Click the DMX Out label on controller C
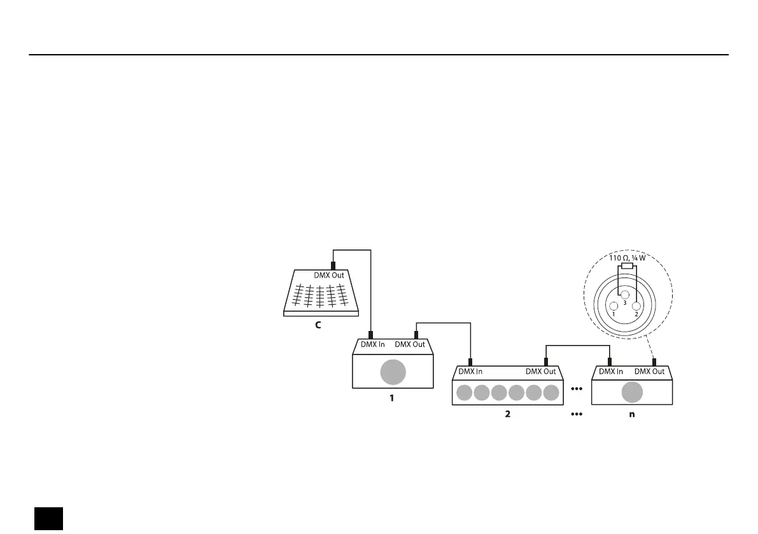(x=329, y=276)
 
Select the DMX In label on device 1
(x=372, y=344)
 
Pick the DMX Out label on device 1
(x=410, y=344)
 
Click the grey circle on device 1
(x=393, y=372)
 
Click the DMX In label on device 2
(x=471, y=371)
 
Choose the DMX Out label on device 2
(x=541, y=371)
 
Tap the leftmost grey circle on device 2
(x=465, y=393)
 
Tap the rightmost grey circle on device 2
(x=551, y=393)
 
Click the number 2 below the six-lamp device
(x=507, y=414)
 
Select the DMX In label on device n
(x=611, y=371)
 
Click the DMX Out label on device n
(x=650, y=371)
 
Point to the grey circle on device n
(x=632, y=393)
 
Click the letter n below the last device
(x=631, y=414)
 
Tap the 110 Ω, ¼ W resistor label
(x=627, y=258)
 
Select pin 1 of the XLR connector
(x=614, y=306)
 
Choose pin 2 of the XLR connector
(x=635, y=306)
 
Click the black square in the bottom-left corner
(x=48, y=518)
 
